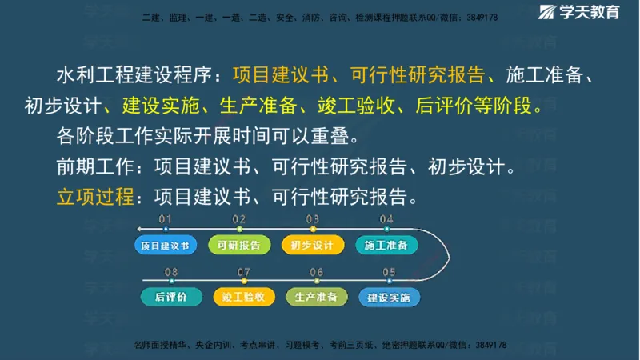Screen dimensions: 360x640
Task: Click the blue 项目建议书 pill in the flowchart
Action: point(166,245)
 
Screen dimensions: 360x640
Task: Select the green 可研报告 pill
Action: point(238,245)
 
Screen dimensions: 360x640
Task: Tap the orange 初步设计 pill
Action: point(312,245)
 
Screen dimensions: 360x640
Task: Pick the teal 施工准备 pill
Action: point(386,245)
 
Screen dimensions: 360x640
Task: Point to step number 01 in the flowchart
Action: point(165,219)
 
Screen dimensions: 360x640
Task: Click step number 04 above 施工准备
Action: point(386,219)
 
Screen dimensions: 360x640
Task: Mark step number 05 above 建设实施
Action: point(389,272)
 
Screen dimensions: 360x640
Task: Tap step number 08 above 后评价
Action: point(170,272)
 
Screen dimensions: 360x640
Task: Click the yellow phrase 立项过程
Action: point(94,195)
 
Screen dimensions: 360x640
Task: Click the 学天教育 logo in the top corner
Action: point(580,13)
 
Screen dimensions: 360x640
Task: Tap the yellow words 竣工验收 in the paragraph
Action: point(357,105)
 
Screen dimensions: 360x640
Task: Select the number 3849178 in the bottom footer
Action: point(487,345)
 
